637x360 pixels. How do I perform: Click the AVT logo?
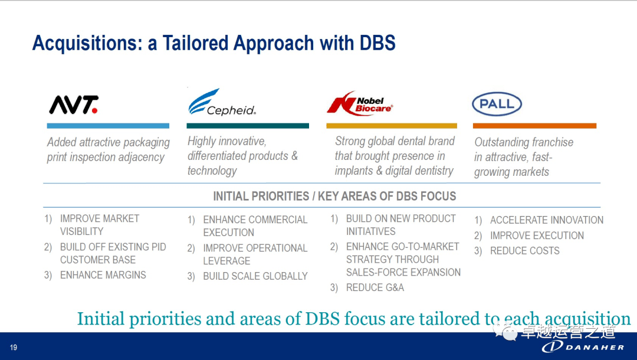point(74,105)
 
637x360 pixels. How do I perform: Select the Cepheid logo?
point(222,102)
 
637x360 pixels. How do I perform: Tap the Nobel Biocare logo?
point(360,104)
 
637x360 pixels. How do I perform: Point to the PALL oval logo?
point(497,104)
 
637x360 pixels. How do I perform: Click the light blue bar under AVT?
point(108,126)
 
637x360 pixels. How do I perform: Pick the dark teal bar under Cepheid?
point(248,126)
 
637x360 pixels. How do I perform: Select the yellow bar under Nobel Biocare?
point(392,126)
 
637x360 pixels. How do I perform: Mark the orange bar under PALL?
point(534,126)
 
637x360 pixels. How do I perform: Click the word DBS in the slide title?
point(377,43)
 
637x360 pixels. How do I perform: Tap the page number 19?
point(14,348)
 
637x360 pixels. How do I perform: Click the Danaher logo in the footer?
point(583,346)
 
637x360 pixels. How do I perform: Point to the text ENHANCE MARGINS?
point(103,275)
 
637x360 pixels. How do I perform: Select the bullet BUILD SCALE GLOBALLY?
point(255,276)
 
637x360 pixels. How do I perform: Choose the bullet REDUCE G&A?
point(375,287)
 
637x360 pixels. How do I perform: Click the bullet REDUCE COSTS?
point(525,251)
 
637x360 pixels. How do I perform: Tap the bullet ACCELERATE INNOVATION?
point(547,220)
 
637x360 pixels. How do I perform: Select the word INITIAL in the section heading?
point(230,197)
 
